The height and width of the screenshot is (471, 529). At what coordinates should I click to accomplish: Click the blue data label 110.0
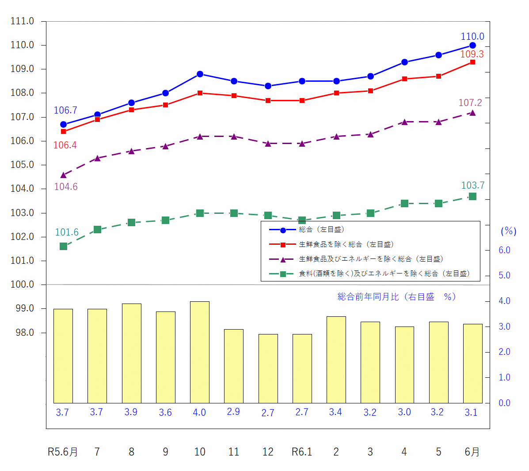[x=472, y=37]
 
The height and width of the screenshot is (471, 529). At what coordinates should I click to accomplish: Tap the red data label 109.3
[x=472, y=54]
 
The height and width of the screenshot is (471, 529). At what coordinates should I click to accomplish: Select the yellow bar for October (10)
[x=200, y=352]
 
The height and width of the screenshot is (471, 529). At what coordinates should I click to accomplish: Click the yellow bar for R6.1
[x=302, y=368]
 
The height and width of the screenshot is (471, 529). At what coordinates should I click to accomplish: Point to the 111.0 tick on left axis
[x=22, y=21]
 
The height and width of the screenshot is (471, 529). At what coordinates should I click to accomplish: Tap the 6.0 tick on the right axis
[x=504, y=250]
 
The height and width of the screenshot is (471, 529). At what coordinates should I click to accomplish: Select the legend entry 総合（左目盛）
[x=321, y=230]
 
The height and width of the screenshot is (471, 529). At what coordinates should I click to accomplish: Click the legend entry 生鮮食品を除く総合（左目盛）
[x=346, y=244]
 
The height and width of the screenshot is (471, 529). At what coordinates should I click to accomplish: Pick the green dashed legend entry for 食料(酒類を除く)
[x=384, y=274]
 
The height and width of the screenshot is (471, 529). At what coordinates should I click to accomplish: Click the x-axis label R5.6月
[x=63, y=452]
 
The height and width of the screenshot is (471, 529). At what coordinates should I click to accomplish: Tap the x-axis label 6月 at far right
[x=472, y=452]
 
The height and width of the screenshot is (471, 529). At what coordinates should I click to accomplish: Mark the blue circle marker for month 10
[x=200, y=74]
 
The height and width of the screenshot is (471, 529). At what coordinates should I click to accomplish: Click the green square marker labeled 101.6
[x=63, y=246]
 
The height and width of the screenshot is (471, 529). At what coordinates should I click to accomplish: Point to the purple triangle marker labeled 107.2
[x=472, y=113]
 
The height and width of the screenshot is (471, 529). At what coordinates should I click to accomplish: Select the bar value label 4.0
[x=199, y=412]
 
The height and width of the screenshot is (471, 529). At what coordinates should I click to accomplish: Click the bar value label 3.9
[x=131, y=412]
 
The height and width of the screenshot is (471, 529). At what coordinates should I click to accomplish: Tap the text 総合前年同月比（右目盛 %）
[x=396, y=297]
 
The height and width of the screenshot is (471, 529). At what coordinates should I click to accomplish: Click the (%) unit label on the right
[x=508, y=231]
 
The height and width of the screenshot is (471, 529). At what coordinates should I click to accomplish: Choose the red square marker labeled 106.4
[x=63, y=132]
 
